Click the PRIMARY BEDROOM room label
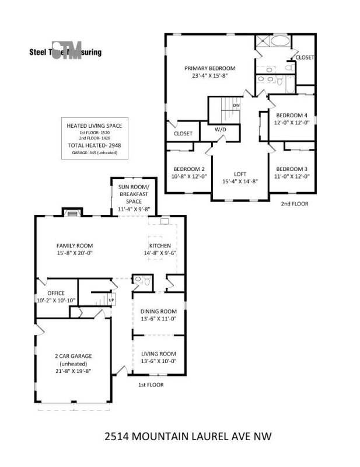(x=210, y=68)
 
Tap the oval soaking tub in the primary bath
(x=279, y=42)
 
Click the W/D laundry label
(x=220, y=129)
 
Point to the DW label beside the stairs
(x=236, y=105)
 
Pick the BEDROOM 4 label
(x=292, y=115)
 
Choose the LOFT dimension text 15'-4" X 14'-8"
(x=240, y=182)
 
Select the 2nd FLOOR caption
(x=295, y=204)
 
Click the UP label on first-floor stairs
(x=111, y=300)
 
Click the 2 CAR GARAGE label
(x=72, y=356)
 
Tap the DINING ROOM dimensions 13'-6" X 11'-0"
(x=158, y=319)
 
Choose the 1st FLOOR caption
(x=151, y=385)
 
